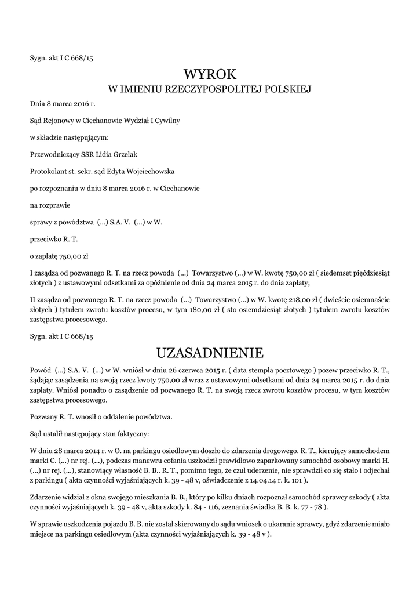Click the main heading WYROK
click(x=210, y=74)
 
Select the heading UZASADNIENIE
click(x=210, y=353)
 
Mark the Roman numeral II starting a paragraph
click(x=33, y=300)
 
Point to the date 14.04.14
click(x=258, y=480)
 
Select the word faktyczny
click(x=132, y=433)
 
